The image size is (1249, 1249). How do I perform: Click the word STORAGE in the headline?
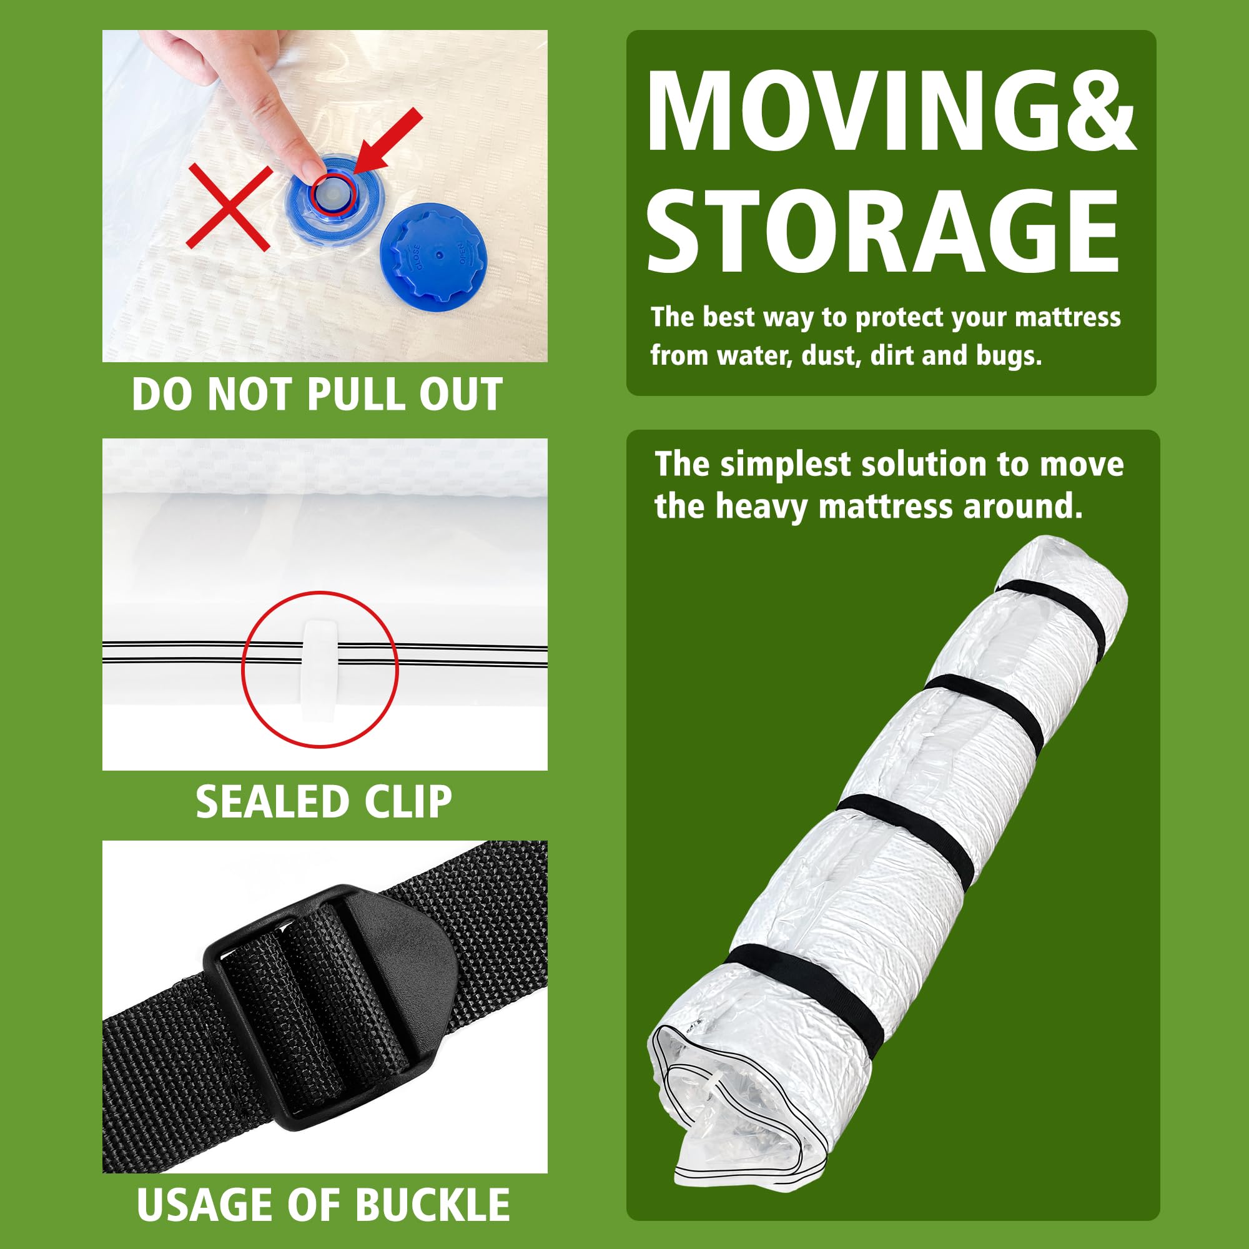coord(883,232)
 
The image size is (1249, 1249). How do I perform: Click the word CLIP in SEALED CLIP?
coord(407,802)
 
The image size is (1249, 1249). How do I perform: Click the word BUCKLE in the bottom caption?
coord(432,1204)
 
